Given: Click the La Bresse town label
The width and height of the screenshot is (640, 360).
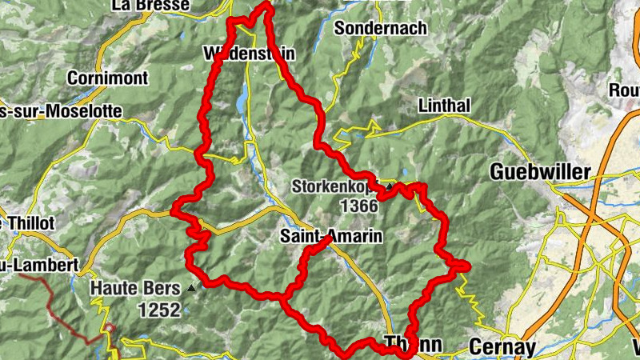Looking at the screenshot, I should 151,6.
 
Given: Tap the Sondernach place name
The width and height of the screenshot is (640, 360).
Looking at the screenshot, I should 381,28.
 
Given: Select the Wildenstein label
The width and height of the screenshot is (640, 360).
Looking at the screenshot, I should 250,54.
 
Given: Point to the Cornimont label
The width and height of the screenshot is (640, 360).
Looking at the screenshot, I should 108,78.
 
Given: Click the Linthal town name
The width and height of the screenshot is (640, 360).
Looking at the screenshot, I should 444,106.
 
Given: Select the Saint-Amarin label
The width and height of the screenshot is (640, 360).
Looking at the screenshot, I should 331,237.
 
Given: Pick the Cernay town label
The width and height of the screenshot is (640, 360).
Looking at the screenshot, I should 500,346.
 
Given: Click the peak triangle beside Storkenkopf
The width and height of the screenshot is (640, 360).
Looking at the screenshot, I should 390,187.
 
